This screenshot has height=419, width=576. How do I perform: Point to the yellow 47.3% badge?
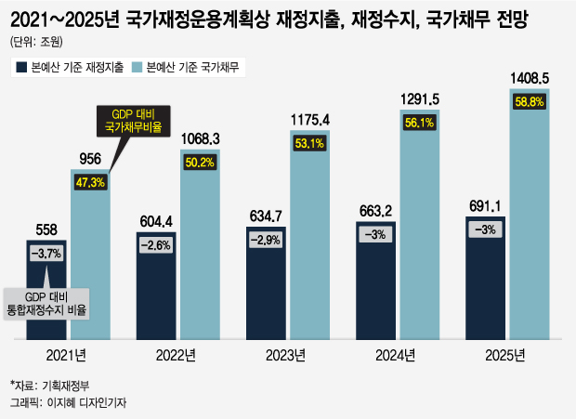[x=91, y=182]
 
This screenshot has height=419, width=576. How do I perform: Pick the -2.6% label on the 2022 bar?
[x=157, y=244]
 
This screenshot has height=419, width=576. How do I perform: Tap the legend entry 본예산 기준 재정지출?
[x=71, y=67]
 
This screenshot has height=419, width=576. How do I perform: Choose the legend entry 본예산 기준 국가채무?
[x=185, y=67]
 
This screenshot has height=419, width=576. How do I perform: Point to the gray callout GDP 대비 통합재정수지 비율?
[x=51, y=303]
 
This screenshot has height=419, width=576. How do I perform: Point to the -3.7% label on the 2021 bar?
[x=47, y=253]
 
